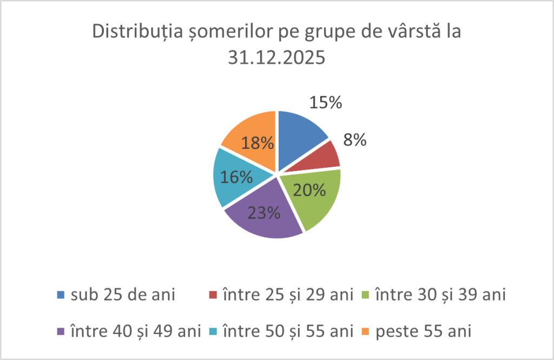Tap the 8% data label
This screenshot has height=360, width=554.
click(x=355, y=140)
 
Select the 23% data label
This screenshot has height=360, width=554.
click(x=263, y=213)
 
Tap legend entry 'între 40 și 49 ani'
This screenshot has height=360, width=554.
click(x=135, y=330)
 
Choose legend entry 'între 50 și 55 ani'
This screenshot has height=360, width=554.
click(x=287, y=330)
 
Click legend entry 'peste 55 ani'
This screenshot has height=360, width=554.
click(x=427, y=330)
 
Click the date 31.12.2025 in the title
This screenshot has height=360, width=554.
click(x=276, y=57)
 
